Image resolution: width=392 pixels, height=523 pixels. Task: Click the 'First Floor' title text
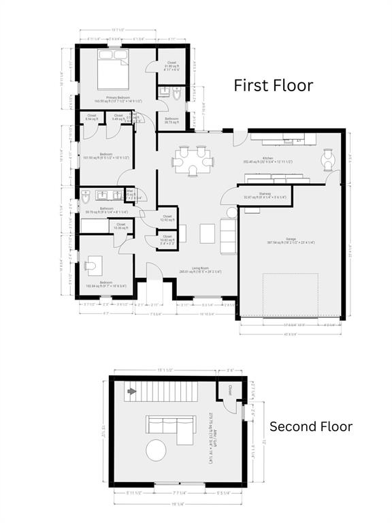[x=274, y=85]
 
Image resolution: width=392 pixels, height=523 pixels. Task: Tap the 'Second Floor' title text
[x=311, y=427]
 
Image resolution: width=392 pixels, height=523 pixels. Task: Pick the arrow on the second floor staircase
[x=129, y=392]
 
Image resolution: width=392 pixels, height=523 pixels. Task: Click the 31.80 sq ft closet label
[x=171, y=66]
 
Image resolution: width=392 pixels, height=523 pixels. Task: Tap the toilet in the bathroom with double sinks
[x=86, y=198]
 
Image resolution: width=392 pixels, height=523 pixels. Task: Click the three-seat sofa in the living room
[x=229, y=232]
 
